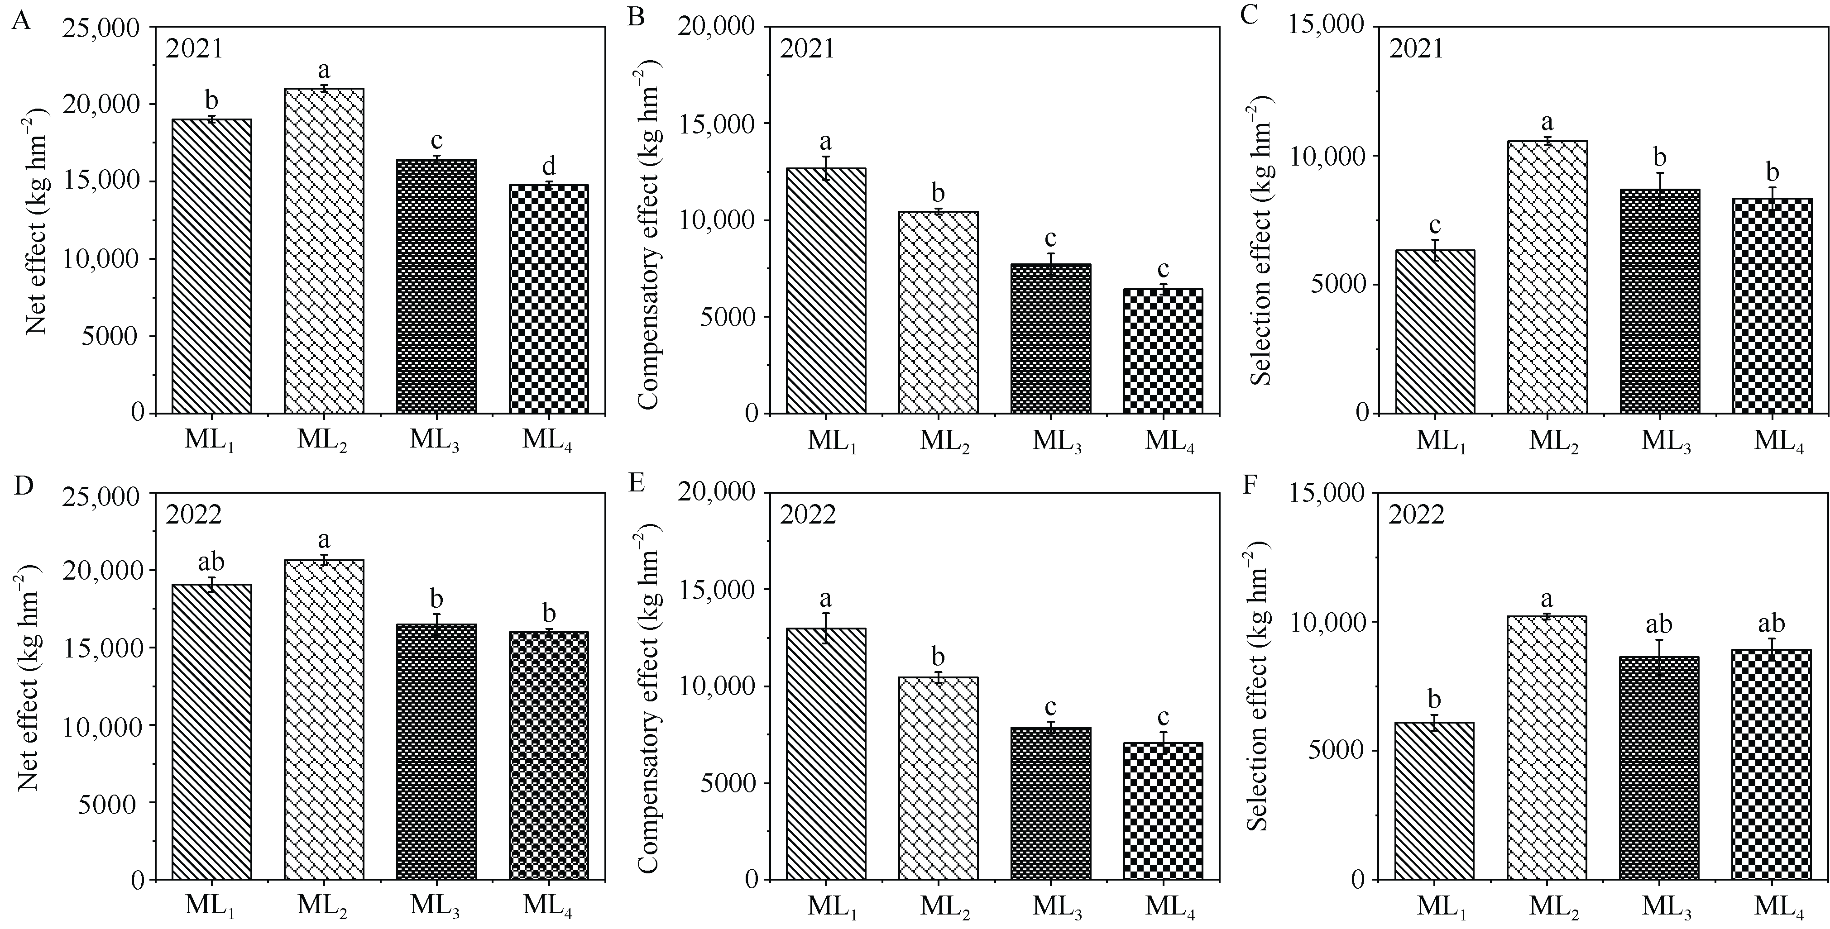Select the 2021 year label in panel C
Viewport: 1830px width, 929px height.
pyautogui.click(x=1417, y=49)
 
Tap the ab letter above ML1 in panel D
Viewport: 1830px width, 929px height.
pyautogui.click(x=211, y=562)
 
